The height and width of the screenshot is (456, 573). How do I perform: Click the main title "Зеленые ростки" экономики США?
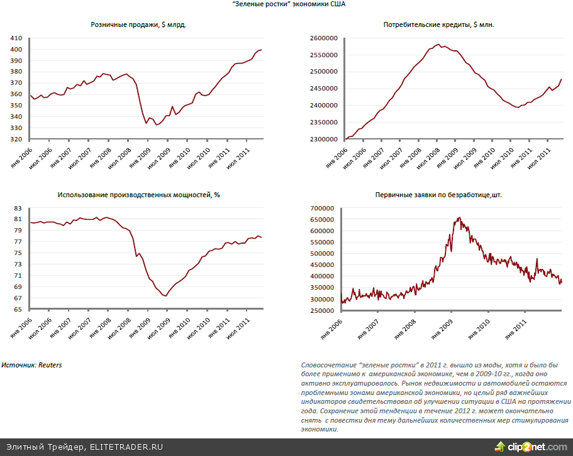tap(287, 4)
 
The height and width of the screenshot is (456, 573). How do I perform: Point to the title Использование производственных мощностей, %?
tap(138, 195)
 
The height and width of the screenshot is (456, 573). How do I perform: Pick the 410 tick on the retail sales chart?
tap(17, 39)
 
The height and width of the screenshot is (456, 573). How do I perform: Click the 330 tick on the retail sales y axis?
tap(17, 128)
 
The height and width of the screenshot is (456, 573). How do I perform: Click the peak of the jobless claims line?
tap(459, 217)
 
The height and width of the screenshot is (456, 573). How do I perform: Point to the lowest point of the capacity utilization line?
tap(165, 296)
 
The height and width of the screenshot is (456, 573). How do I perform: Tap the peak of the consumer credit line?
tap(438, 44)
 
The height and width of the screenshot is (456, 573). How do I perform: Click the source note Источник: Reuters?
tap(32, 364)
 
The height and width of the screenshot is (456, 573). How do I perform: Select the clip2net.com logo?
tap(531, 447)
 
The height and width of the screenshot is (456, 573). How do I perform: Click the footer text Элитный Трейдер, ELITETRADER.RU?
tap(85, 447)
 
